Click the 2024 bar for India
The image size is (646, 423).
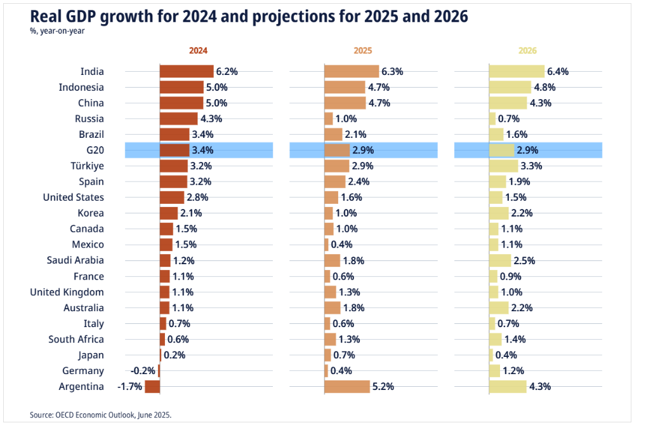click(187, 72)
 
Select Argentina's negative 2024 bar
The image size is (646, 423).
click(152, 387)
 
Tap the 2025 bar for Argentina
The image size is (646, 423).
click(347, 387)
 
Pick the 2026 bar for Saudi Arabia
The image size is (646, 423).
click(500, 260)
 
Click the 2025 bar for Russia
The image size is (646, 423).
click(329, 119)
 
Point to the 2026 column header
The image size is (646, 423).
click(527, 50)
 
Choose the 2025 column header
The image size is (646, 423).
click(362, 50)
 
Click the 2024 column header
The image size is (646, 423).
click(198, 50)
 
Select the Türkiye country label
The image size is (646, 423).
click(88, 166)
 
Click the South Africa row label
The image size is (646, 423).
click(76, 339)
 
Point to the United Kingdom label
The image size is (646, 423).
click(67, 292)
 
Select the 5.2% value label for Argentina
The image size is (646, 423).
click(385, 387)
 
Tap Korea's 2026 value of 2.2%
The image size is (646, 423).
click(522, 213)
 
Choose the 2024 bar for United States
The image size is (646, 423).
click(172, 198)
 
